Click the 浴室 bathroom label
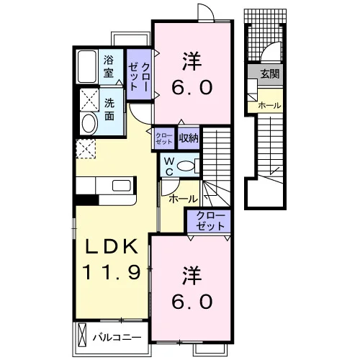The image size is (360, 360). tap(109, 66)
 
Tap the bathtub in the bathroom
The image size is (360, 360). tap(87, 66)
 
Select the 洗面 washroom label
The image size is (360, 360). tap(109, 109)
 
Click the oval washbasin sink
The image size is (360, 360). tap(89, 123)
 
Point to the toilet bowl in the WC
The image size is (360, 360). tap(186, 166)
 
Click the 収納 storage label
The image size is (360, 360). tap(189, 138)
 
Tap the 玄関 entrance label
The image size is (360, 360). tap(270, 73)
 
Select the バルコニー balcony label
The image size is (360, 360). tap(117, 338)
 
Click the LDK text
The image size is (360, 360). tap(112, 246)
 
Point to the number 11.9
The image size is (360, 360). tap(111, 272)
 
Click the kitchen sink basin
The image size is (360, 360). tap(122, 186)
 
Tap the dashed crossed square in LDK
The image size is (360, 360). tap(86, 148)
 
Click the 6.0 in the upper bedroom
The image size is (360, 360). tap(192, 87)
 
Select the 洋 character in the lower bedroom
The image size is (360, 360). tap(192, 276)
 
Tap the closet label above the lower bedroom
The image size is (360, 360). tap(210, 221)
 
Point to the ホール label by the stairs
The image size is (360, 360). tap(184, 199)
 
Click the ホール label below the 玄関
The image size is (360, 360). tap(269, 105)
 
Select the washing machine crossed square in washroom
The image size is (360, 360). tap(89, 99)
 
